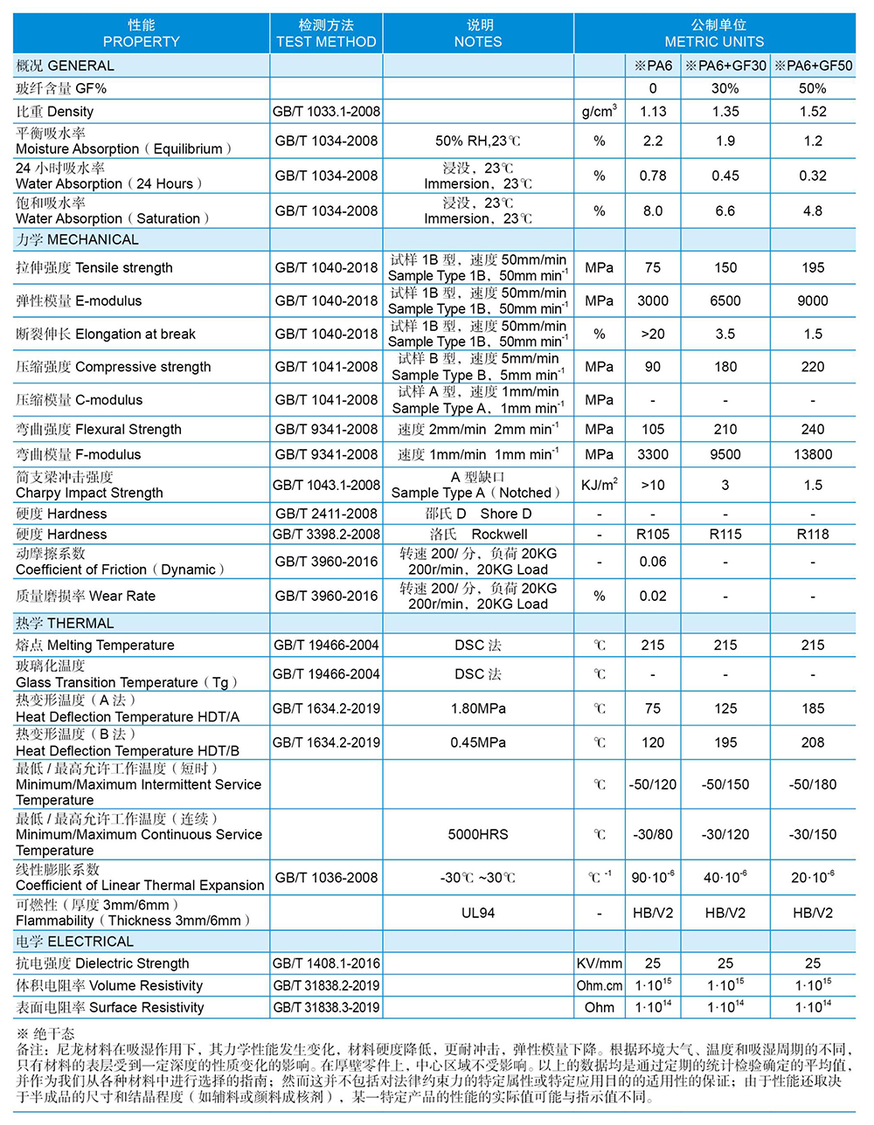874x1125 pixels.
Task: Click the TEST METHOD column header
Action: (x=326, y=33)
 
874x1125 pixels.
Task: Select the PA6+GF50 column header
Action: (x=813, y=66)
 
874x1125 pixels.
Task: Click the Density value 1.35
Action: (x=725, y=112)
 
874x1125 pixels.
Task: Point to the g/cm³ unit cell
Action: (x=600, y=112)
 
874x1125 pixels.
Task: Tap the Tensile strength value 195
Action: (x=813, y=268)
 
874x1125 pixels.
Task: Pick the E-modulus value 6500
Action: (x=725, y=301)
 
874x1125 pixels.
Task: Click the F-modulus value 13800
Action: (x=813, y=455)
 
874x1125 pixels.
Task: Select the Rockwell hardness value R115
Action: (x=725, y=535)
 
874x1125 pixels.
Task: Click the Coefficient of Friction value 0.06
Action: (x=653, y=562)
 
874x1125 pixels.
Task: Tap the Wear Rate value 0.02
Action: (x=653, y=597)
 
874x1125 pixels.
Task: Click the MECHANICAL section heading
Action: (x=77, y=240)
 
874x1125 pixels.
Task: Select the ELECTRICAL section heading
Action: (x=75, y=942)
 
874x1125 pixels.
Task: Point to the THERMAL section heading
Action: (x=65, y=624)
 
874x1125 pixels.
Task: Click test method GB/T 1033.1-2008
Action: (x=326, y=112)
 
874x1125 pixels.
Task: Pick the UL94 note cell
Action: (x=478, y=914)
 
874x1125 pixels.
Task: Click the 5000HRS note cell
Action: (x=478, y=835)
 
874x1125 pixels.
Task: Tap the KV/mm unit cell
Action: (x=600, y=964)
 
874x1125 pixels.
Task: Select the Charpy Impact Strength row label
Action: (x=89, y=486)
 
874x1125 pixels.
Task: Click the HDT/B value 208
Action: (x=813, y=743)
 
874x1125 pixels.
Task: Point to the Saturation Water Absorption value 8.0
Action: (x=653, y=211)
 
